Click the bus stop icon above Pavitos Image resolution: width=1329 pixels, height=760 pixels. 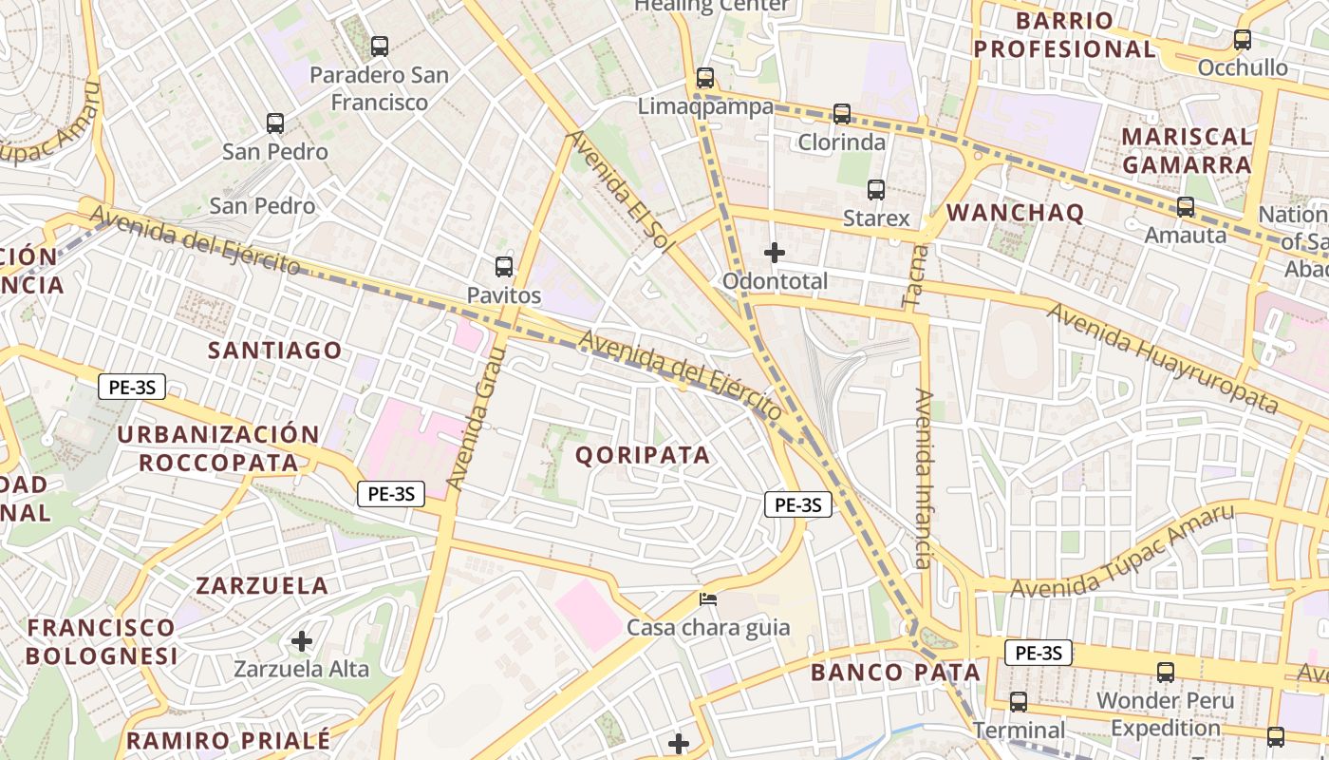tap(504, 267)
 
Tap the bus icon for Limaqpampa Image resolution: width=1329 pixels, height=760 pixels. tap(704, 78)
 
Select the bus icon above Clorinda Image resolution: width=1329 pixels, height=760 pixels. tap(841, 114)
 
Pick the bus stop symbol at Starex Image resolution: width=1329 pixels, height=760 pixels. tap(876, 190)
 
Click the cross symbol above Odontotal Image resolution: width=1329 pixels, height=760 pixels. tap(775, 253)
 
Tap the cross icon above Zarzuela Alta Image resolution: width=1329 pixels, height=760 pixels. tap(302, 641)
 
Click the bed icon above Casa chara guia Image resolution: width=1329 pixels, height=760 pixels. tap(708, 599)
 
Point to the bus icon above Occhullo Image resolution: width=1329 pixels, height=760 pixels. tap(1242, 40)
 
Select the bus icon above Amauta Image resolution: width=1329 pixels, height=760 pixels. tap(1186, 206)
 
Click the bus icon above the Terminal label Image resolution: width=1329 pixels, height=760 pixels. tap(1019, 702)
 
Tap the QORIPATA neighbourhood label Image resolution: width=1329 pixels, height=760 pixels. tap(643, 455)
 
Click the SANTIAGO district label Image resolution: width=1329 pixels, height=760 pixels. tap(275, 351)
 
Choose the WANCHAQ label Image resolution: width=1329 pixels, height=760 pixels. tap(1015, 213)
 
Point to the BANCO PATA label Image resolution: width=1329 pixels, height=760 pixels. tap(895, 673)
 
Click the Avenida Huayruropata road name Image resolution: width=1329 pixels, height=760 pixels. tap(1163, 358)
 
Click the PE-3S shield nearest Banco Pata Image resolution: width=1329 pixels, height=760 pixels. tap(1038, 653)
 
